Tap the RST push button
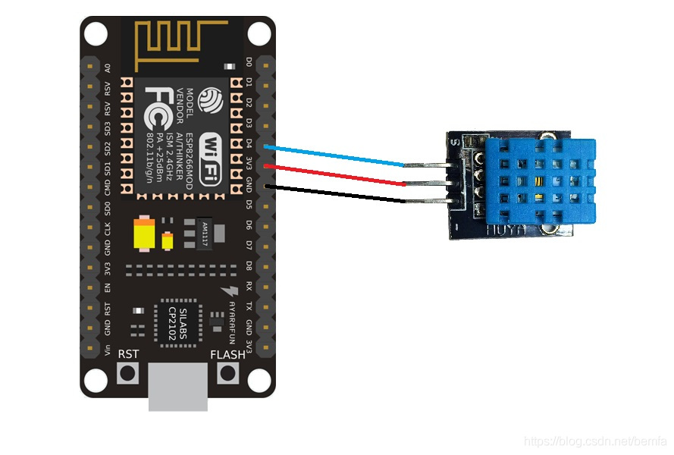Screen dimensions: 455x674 [128, 372]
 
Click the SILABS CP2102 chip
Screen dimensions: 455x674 [177, 325]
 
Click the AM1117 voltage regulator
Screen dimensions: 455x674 [203, 231]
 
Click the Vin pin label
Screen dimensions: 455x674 [107, 350]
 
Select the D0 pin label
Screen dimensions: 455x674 [249, 61]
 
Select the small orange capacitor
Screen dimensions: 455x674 [168, 242]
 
